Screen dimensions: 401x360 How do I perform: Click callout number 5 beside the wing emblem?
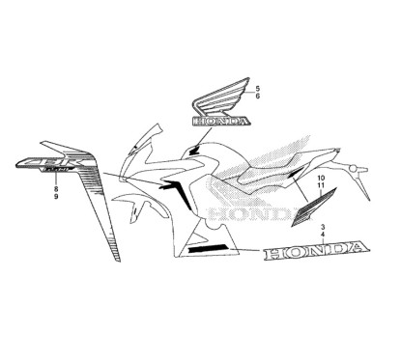pyautogui.click(x=257, y=89)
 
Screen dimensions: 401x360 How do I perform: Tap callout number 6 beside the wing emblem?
pyautogui.click(x=257, y=98)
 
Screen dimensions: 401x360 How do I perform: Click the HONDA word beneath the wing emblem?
pyautogui.click(x=220, y=123)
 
